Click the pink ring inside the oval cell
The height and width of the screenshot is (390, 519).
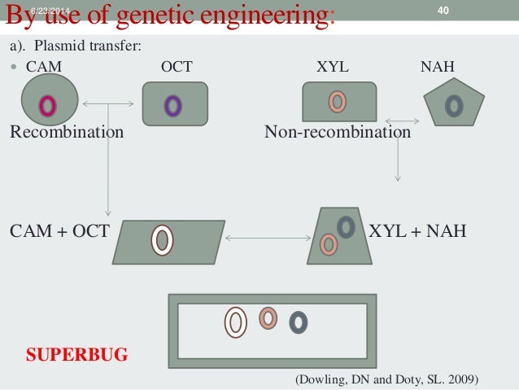(48, 105)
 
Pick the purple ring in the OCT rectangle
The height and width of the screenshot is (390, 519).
(172, 106)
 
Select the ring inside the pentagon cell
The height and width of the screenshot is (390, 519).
(454, 104)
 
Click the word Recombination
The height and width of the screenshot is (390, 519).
(67, 132)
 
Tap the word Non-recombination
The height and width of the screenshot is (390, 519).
(338, 132)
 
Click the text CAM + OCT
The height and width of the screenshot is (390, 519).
(59, 231)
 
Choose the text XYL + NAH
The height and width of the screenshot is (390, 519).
(418, 231)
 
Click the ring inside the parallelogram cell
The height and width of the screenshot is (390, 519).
(163, 239)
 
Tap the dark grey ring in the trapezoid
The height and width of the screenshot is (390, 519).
(346, 226)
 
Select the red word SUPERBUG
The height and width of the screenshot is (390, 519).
(77, 356)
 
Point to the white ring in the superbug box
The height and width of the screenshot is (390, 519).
(236, 322)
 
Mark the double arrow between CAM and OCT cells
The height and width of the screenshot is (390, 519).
(108, 103)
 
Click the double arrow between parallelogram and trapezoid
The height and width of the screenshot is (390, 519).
(267, 239)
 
